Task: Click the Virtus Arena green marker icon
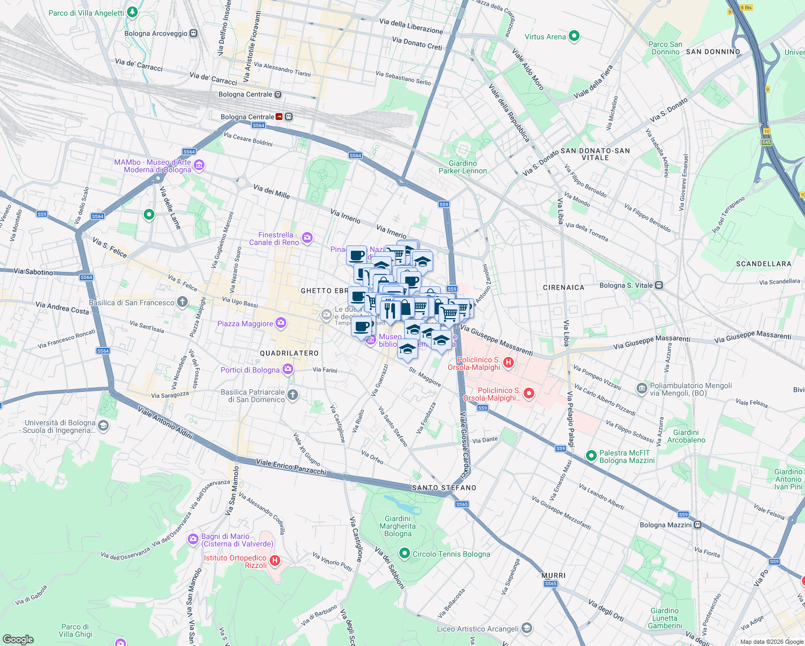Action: [574, 37]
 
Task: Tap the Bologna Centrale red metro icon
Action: [279, 117]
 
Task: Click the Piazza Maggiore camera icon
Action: [280, 323]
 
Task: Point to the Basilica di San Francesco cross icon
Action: [182, 302]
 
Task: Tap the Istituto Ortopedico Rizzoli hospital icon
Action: [275, 561]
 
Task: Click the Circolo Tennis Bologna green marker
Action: [405, 553]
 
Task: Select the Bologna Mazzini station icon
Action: [697, 524]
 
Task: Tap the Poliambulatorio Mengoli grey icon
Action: [641, 388]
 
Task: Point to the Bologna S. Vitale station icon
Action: [659, 285]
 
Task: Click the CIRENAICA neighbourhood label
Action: [563, 287]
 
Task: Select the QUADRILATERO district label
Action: [289, 353]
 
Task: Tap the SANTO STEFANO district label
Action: [444, 488]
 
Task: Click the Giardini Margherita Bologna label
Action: [398, 526]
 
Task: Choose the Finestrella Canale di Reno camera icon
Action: [307, 238]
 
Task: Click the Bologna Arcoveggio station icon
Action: [194, 33]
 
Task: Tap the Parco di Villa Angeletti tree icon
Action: [132, 12]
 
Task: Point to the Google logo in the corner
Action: [18, 640]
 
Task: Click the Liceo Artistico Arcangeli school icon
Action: [527, 628]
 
